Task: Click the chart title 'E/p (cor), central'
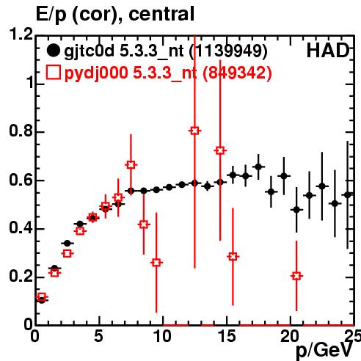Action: tap(115, 14)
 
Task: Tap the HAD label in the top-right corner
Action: tap(328, 51)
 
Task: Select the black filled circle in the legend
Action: tap(53, 51)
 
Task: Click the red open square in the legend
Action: tap(53, 73)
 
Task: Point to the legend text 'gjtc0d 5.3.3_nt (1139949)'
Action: tap(166, 51)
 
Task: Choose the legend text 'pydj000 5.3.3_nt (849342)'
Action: tap(168, 73)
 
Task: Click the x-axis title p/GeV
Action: tap(324, 350)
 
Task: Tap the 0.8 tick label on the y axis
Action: tap(21, 131)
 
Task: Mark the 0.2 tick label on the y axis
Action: tap(21, 277)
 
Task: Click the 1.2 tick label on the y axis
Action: tap(21, 34)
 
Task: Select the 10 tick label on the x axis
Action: tap(163, 337)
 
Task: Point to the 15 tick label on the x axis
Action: tap(227, 337)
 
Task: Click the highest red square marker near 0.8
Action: tap(194, 131)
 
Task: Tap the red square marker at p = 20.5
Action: tap(296, 276)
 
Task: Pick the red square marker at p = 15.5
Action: tap(233, 257)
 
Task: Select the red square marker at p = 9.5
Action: tap(156, 263)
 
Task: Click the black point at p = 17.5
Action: tap(258, 167)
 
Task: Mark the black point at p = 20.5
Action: tap(296, 210)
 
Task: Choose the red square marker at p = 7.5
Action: tap(131, 165)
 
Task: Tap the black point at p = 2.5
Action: tap(68, 244)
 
